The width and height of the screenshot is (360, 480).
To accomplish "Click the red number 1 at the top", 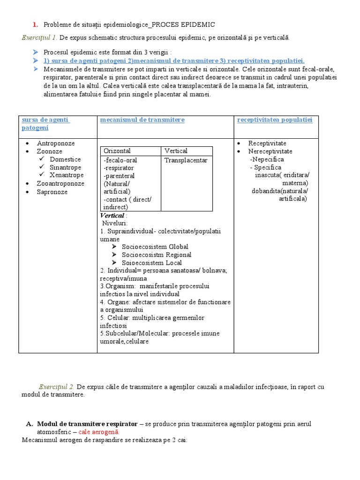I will (x=35, y=24).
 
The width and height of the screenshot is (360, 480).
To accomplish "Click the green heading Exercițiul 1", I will (x=39, y=37).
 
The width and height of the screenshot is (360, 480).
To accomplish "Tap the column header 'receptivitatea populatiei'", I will (x=275, y=120).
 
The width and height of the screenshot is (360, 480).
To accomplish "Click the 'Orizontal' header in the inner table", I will (x=117, y=151).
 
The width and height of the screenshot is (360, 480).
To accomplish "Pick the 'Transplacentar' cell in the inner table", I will (x=186, y=160).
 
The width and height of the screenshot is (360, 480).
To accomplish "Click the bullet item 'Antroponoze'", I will (x=56, y=143).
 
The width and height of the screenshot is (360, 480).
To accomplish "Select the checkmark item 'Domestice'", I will (x=65, y=159).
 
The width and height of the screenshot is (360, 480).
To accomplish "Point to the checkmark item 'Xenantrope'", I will (x=67, y=175).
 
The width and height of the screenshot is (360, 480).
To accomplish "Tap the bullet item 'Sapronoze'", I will (x=52, y=192).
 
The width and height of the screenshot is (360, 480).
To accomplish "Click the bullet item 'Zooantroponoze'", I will (x=60, y=183).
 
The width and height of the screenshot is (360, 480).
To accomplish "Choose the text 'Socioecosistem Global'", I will (x=155, y=247).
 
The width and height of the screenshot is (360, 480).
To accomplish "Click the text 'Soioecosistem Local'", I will (x=152, y=263).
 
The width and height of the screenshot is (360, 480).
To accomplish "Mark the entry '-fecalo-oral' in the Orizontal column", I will (x=120, y=160).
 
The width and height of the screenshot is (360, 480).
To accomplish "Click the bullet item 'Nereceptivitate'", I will (x=270, y=151).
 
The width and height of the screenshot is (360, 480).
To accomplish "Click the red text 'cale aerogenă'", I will (x=98, y=432).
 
